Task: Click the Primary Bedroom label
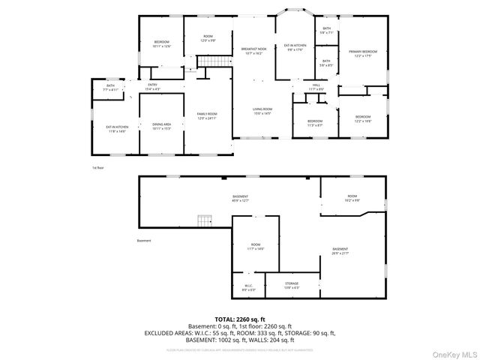[363, 53]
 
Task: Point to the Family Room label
[206, 117]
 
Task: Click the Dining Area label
[162, 126]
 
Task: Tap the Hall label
[316, 87]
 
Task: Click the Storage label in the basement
[292, 286]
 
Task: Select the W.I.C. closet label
[249, 287]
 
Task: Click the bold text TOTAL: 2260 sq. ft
[239, 319]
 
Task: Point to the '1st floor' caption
[97, 168]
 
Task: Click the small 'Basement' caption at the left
[144, 241]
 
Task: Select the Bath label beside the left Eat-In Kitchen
[110, 88]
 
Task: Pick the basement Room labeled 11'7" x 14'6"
[256, 247]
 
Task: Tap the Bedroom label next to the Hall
[315, 123]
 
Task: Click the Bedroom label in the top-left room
[162, 43]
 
